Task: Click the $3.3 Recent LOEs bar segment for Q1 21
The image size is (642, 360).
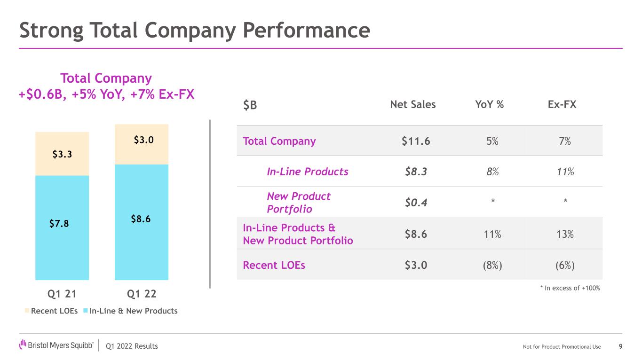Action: (62, 154)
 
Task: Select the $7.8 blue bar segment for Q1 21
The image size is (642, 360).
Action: (62, 227)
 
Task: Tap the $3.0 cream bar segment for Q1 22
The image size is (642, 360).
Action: (142, 144)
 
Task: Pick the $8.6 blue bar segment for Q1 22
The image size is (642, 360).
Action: (142, 222)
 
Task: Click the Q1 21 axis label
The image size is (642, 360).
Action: (62, 294)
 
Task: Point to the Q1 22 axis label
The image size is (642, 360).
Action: (142, 294)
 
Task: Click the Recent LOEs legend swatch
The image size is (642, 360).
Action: (27, 311)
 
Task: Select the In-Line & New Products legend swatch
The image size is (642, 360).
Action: (86, 311)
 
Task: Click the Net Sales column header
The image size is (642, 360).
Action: (413, 104)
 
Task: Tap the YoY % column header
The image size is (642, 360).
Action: (490, 104)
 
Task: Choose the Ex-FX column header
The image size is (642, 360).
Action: (562, 104)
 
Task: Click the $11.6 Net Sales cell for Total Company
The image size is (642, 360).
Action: (416, 141)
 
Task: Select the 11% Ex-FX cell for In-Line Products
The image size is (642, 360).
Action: (565, 172)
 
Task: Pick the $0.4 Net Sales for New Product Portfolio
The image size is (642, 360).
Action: (416, 203)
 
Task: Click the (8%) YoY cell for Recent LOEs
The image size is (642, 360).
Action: (492, 265)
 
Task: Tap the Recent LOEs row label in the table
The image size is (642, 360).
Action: (274, 265)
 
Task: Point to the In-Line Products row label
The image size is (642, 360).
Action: (308, 172)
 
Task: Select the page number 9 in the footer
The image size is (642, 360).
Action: (620, 346)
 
